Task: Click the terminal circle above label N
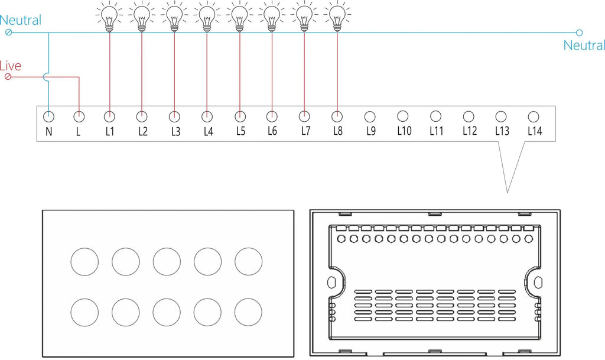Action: [x=48, y=116]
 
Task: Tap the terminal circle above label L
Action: [x=79, y=116]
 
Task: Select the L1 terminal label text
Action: [x=110, y=132]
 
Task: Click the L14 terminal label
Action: [x=535, y=131]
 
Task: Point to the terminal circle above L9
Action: [x=370, y=116]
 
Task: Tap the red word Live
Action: [x=11, y=66]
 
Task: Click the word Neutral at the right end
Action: [x=584, y=46]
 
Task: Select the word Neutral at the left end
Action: [x=21, y=20]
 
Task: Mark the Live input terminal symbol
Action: [x=8, y=77]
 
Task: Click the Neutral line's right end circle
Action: [x=579, y=33]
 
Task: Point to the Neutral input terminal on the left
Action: [x=8, y=33]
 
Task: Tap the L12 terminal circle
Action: [x=469, y=116]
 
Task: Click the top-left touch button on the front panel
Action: [x=84, y=262]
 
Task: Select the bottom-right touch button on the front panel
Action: [x=249, y=312]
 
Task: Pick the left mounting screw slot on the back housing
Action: [x=331, y=283]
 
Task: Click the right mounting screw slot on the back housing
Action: [x=538, y=283]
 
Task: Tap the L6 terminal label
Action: [x=272, y=131]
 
